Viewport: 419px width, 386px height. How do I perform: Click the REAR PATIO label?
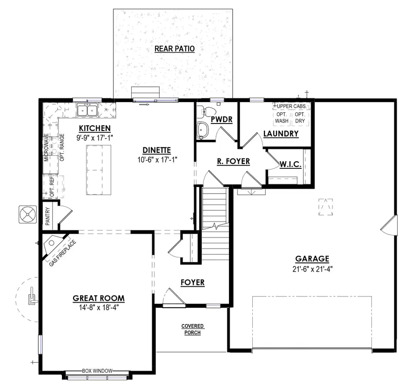click(x=174, y=48)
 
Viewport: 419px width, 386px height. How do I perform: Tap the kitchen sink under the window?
click(x=87, y=110)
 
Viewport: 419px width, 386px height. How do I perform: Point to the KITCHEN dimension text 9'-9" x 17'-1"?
click(x=95, y=138)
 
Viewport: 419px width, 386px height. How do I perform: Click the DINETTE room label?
click(x=157, y=150)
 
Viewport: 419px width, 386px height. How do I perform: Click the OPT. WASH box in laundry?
click(x=282, y=117)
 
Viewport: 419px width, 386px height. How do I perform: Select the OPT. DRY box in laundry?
click(x=300, y=117)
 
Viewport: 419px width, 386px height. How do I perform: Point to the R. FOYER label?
click(x=234, y=161)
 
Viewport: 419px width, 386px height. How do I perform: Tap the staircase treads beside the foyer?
click(x=216, y=205)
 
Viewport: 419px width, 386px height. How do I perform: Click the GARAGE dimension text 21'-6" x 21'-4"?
click(x=312, y=269)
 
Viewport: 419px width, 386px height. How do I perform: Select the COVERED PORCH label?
click(x=192, y=329)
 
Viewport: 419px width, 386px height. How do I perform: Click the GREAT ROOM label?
click(x=98, y=298)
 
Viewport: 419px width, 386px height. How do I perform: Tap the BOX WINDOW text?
click(x=97, y=371)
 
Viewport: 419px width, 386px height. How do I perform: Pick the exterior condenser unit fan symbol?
click(x=27, y=215)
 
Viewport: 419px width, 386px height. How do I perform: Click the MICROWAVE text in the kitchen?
click(x=47, y=147)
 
